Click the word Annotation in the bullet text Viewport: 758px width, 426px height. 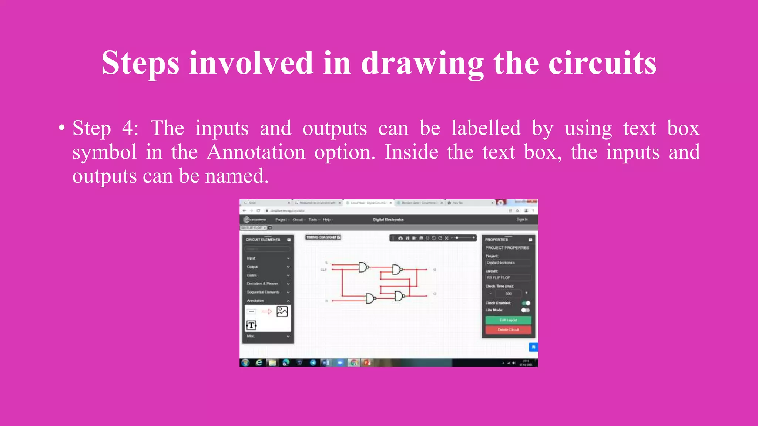pos(256,152)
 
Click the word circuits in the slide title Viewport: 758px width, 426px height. pos(602,63)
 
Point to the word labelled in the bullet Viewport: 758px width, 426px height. pos(486,128)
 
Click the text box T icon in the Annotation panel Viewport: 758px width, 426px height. pos(251,325)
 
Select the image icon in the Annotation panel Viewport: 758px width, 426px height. pos(282,311)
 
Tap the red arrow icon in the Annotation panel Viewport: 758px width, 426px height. pos(266,312)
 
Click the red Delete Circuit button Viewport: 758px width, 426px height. pos(508,329)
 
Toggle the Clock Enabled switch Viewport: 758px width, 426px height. pos(526,303)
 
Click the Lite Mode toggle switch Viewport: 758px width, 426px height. pos(525,310)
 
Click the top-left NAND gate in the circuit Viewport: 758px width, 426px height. pos(363,267)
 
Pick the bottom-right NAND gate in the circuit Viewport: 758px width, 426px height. pos(399,296)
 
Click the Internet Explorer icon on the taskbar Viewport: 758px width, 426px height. pos(259,363)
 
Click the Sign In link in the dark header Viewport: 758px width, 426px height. pos(522,220)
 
